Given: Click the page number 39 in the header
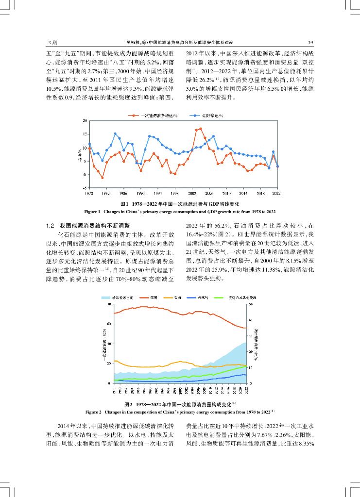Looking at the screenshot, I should (x=310, y=42).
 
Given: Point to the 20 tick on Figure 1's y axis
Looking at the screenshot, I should (x=85, y=120).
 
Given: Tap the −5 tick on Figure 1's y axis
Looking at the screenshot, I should (x=85, y=188).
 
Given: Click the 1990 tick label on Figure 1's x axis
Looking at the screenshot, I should (x=141, y=193).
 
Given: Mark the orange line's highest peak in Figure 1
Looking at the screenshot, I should (x=201, y=129).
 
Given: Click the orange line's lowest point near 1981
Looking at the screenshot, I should (x=102, y=178).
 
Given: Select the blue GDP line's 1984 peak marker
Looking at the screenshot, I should (x=115, y=133).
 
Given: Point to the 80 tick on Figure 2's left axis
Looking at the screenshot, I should (x=110, y=304).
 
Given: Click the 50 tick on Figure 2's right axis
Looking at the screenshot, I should (x=250, y=304).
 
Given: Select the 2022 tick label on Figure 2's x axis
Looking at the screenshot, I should (x=246, y=391).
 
